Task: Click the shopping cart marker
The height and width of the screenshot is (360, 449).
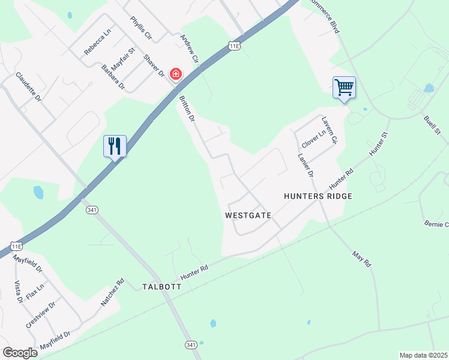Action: tap(344, 88)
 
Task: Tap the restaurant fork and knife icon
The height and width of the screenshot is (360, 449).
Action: tap(115, 146)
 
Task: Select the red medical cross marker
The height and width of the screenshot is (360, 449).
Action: tap(176, 74)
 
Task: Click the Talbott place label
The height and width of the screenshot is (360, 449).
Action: tap(161, 287)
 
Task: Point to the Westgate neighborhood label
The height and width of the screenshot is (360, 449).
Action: tap(249, 215)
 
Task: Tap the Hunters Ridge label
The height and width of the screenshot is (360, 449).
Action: tap(318, 196)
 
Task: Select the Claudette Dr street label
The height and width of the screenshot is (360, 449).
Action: tap(29, 87)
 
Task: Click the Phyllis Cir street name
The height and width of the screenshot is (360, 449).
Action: tap(141, 28)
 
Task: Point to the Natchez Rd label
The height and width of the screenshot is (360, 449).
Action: tap(112, 292)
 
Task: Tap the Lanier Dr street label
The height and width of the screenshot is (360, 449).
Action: tap(306, 164)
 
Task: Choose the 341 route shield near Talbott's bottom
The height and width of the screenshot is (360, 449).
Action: tap(191, 345)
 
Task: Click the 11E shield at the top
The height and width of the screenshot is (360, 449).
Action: tap(234, 46)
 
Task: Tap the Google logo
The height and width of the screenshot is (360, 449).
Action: tap(20, 353)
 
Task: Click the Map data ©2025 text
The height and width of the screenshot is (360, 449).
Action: tap(423, 355)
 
